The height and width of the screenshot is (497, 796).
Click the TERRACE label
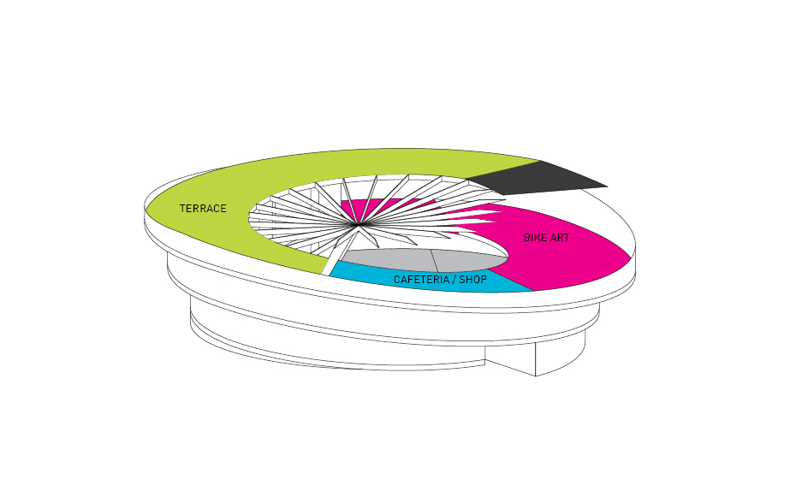(203, 209)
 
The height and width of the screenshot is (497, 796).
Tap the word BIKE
(535, 237)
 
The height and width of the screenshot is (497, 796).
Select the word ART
(560, 237)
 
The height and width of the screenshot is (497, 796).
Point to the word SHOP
(473, 280)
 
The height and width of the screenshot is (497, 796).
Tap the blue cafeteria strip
(431, 280)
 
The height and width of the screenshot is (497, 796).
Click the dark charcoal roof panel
(538, 179)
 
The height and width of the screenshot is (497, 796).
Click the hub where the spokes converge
(358, 223)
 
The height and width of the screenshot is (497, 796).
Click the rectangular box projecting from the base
(536, 358)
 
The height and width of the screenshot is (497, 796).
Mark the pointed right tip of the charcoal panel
(608, 186)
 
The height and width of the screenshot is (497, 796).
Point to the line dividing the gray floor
(434, 261)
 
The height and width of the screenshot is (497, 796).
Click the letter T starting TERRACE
(182, 209)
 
